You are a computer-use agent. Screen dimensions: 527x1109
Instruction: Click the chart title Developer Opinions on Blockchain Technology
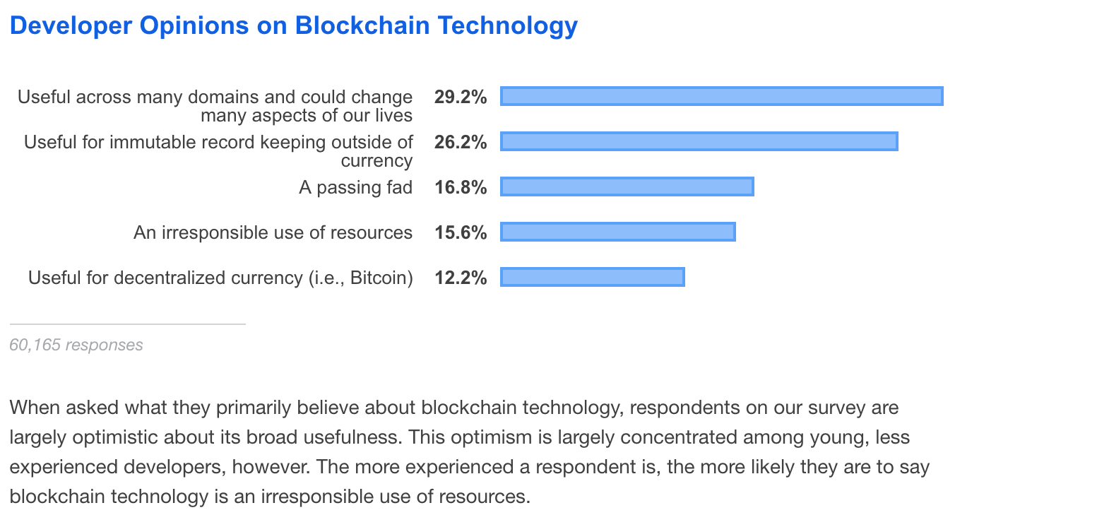294,25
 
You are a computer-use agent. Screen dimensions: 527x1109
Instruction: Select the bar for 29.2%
721,96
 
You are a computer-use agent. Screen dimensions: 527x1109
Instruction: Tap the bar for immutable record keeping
699,141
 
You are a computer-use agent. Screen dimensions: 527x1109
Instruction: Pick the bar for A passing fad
627,186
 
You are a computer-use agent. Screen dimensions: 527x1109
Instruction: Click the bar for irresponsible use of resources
617,232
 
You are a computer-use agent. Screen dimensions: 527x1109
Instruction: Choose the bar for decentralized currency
592,277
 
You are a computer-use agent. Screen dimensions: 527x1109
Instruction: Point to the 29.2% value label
461,97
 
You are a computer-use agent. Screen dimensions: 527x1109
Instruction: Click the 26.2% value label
461,142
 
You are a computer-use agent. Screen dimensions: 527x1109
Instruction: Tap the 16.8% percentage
461,187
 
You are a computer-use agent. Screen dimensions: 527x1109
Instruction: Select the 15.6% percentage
461,232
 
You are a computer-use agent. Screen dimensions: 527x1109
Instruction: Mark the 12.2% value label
461,278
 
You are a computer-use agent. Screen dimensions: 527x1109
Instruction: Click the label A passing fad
355,187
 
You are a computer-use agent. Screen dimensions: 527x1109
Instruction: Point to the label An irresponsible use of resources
273,232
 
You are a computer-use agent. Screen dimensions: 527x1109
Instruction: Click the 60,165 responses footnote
76,345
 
